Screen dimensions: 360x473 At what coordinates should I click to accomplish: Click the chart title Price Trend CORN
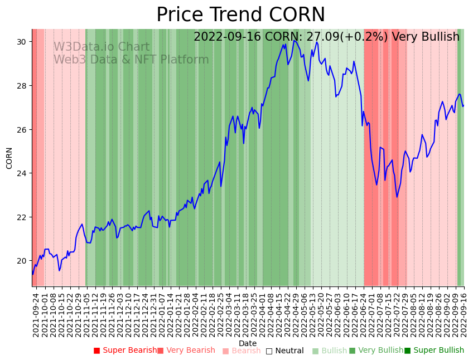pyautogui.click(x=240, y=15)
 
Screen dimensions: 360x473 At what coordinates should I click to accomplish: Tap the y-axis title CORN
pyautogui.click(x=9, y=158)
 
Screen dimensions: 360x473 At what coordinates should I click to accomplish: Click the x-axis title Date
pyautogui.click(x=248, y=343)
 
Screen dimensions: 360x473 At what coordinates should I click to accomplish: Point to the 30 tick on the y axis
pyautogui.click(x=22, y=42)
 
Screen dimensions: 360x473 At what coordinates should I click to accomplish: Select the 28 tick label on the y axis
pyautogui.click(x=22, y=86)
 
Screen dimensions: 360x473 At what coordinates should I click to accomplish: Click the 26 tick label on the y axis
pyautogui.click(x=22, y=129)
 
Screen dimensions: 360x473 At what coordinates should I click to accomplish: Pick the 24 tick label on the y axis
pyautogui.click(x=22, y=173)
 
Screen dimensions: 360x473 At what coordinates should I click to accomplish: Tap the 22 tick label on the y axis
pyautogui.click(x=22, y=217)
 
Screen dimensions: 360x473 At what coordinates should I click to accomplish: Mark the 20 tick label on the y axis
pyautogui.click(x=22, y=261)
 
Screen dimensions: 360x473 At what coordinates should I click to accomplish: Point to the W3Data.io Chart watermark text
pyautogui.click(x=102, y=47)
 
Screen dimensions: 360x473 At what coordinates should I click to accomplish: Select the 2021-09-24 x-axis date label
pyautogui.click(x=36, y=315)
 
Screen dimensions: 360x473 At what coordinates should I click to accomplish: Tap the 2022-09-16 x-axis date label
pyautogui.click(x=464, y=315)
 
